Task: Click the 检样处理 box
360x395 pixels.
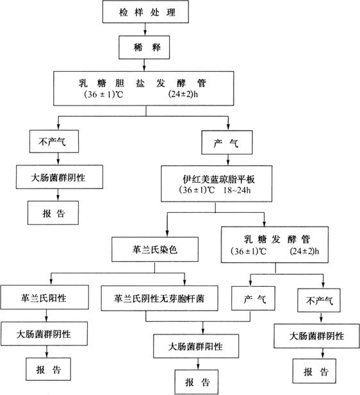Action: point(145,12)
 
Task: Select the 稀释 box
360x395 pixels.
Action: point(144,47)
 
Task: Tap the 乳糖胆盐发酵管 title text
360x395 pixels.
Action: point(142,83)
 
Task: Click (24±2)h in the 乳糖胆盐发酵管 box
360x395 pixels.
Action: point(183,94)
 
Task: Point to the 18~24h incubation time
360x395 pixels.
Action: point(237,190)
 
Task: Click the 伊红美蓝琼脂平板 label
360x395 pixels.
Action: point(218,179)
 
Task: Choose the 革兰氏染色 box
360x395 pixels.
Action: point(155,249)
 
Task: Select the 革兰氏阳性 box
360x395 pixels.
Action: point(44,298)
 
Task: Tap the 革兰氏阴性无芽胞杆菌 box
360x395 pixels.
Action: point(160,298)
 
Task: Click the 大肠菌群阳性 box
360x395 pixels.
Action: point(196,346)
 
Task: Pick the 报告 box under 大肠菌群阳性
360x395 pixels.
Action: point(197,382)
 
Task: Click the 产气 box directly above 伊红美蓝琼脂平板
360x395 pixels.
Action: point(227,142)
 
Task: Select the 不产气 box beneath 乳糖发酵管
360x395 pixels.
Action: point(319,300)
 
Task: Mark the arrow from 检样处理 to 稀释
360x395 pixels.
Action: point(145,29)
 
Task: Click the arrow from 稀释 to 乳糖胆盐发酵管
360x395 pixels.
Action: point(144,65)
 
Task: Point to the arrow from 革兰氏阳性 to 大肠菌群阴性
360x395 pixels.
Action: point(47,315)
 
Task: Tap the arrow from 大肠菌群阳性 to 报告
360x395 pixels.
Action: point(198,364)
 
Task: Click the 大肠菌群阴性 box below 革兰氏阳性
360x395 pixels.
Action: point(44,333)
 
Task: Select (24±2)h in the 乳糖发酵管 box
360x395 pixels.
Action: point(304,251)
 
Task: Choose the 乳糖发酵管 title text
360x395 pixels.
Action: point(277,239)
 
